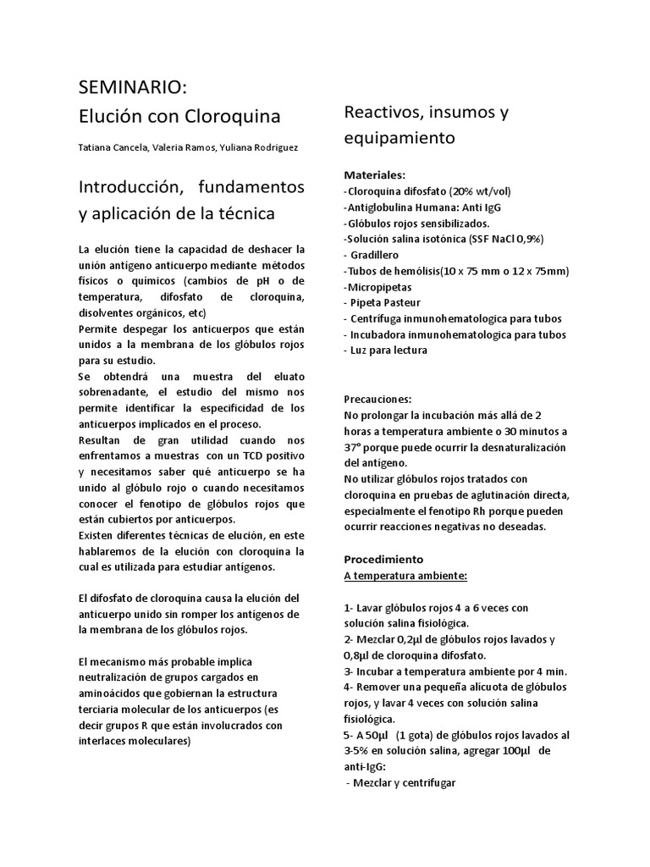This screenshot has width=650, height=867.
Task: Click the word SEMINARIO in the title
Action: (129, 88)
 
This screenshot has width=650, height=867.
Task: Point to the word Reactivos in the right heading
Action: (382, 112)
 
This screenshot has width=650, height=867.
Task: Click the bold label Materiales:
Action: (376, 174)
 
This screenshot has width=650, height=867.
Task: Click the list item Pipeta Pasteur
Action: (386, 303)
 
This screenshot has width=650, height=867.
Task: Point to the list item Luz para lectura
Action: (389, 351)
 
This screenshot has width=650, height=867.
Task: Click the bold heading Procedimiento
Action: (383, 560)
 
